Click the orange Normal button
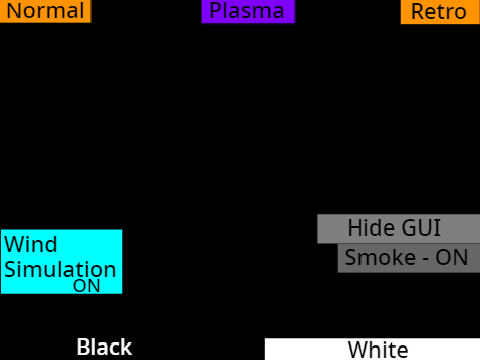pos(45,11)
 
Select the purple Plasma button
pos(248,11)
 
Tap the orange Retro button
pos(440,12)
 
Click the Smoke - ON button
pos(409,258)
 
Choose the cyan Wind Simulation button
pos(62,262)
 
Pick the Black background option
pos(104,347)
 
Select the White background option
pos(372,349)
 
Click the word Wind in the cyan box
pos(31,244)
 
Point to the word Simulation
pos(60,269)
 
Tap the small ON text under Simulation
pos(87,286)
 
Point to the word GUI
pos(421,228)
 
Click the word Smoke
pos(380,258)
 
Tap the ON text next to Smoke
pos(452,258)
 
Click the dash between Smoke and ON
pos(426,260)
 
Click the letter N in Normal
pos(14,11)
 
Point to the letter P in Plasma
pos(215,11)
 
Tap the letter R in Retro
pos(418,12)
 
